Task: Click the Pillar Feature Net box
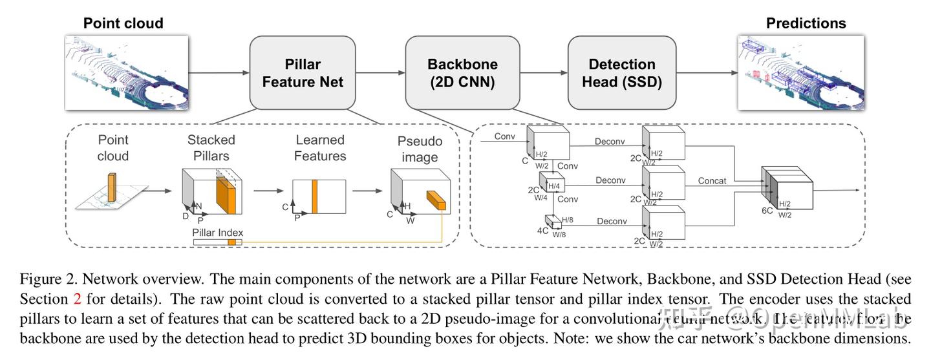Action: (x=303, y=73)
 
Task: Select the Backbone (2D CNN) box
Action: (x=462, y=73)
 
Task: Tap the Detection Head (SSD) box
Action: (x=621, y=73)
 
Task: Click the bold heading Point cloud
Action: (x=123, y=23)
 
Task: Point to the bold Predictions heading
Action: (x=806, y=23)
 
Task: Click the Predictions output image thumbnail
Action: (x=800, y=72)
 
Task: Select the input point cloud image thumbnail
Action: (x=127, y=72)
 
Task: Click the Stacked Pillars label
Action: (x=211, y=147)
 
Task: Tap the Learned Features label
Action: (x=320, y=147)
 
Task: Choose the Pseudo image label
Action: (x=420, y=148)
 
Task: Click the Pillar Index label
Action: (x=217, y=232)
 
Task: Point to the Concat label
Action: (x=712, y=181)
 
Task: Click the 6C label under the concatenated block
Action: (x=767, y=211)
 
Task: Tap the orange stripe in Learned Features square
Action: (x=315, y=196)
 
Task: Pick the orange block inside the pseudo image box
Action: (x=436, y=200)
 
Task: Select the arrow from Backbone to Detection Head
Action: (x=543, y=73)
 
